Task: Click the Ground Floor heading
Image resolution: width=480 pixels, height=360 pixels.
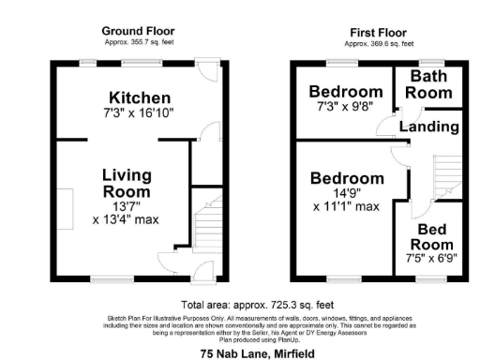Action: tap(138, 31)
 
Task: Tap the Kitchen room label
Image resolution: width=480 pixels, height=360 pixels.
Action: tap(140, 98)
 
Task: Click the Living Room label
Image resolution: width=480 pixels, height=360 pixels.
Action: tap(127, 182)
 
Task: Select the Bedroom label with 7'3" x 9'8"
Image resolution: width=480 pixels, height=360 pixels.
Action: tap(346, 92)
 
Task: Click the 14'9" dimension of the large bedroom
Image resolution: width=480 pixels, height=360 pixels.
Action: tap(347, 193)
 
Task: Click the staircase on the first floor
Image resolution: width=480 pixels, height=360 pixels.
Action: tap(441, 178)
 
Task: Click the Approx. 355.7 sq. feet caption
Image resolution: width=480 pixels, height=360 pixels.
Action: tap(138, 43)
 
